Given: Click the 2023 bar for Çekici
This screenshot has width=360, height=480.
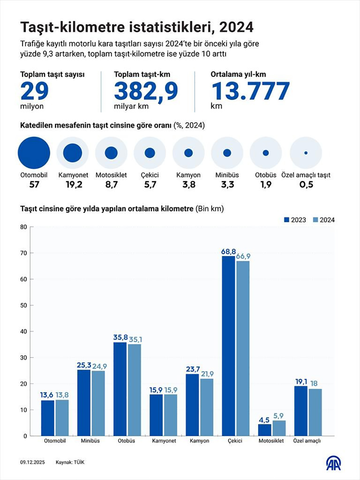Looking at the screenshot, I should click(x=228, y=346).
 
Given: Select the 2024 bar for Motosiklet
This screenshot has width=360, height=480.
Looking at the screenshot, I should click(x=279, y=428).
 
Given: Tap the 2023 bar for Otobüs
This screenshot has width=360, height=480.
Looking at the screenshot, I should click(x=120, y=389).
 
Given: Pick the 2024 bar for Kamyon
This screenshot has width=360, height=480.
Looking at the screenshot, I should click(x=207, y=407).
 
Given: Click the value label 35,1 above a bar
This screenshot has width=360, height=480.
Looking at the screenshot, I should click(x=135, y=339).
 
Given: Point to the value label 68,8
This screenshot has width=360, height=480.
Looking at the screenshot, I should click(x=228, y=251).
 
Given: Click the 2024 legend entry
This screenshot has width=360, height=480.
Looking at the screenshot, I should click(x=324, y=220).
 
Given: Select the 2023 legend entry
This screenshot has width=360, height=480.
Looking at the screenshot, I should click(x=295, y=220).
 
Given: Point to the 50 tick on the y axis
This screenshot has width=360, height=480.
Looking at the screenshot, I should click(x=24, y=305).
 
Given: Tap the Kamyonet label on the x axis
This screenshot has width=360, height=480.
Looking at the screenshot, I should click(x=164, y=441).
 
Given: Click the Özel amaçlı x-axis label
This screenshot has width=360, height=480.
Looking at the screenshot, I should click(x=307, y=441).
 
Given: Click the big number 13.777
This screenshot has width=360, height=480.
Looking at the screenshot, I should click(x=250, y=91).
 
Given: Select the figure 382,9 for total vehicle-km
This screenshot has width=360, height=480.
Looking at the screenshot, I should click(x=146, y=91).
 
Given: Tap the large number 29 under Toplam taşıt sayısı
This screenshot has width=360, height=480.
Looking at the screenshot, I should click(x=34, y=91).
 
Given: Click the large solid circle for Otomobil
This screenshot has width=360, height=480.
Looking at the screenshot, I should click(x=34, y=153).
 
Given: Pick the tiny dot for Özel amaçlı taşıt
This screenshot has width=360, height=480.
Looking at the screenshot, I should click(x=306, y=153).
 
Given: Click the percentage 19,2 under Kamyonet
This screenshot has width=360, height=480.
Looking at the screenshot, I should click(x=74, y=185).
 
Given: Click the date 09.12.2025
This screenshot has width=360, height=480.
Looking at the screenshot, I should click(x=32, y=462).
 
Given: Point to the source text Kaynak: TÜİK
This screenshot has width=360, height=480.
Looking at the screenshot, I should click(x=70, y=462).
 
